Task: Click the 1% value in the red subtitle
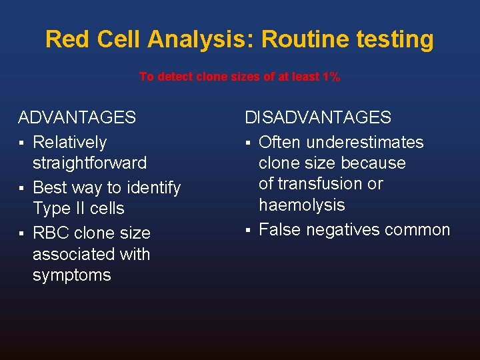pyautogui.click(x=330, y=77)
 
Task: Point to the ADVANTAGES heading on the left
pyautogui.click(x=77, y=118)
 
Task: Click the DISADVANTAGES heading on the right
pyautogui.click(x=318, y=118)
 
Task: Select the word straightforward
pyautogui.click(x=89, y=163)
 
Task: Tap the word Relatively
pyautogui.click(x=69, y=142)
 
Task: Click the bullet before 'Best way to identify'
pyautogui.click(x=22, y=188)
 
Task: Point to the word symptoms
pyautogui.click(x=71, y=275)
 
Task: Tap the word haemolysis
pyautogui.click(x=301, y=205)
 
